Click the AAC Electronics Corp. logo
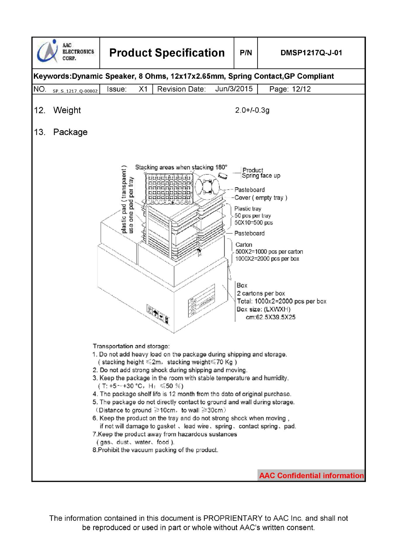(x=65, y=52)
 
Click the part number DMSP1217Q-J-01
(x=311, y=53)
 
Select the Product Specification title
(x=167, y=53)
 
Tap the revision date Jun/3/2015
(x=234, y=89)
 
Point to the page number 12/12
(x=301, y=89)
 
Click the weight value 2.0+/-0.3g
(x=252, y=110)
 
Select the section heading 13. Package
(x=61, y=132)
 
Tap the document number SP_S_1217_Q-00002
(x=75, y=91)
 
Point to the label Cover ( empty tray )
(x=261, y=198)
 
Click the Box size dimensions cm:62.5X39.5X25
(x=271, y=317)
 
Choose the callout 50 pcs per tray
(x=253, y=216)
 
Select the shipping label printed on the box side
(x=201, y=304)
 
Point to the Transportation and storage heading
(x=131, y=346)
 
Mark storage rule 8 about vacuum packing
(x=155, y=450)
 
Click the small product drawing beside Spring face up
(x=224, y=175)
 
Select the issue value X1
(x=143, y=89)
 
